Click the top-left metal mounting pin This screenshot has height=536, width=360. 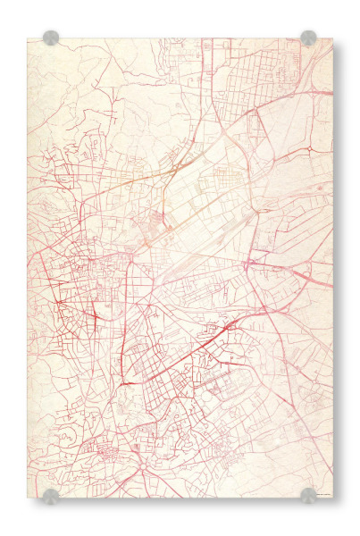51,38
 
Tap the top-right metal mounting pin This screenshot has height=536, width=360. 308,38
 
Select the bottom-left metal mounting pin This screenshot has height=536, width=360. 51,495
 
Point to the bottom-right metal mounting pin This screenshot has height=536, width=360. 308,495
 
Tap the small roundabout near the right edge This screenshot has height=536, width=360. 308,148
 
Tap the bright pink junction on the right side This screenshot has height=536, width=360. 252,263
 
